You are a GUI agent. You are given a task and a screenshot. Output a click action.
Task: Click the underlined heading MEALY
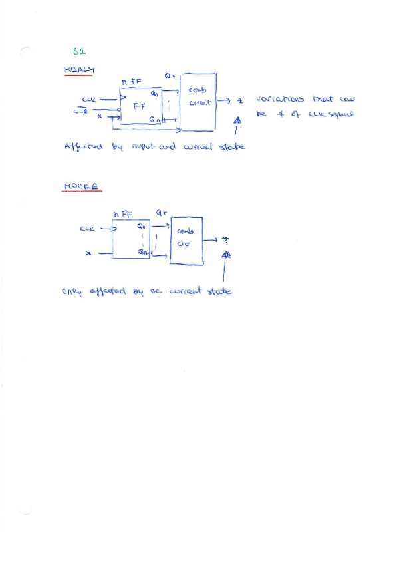click(x=79, y=70)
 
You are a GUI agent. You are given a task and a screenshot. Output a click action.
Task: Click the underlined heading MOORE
click(x=80, y=188)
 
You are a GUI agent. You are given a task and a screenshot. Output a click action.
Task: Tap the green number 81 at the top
click(x=79, y=51)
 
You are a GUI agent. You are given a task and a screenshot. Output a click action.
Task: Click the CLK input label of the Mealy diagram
click(x=88, y=100)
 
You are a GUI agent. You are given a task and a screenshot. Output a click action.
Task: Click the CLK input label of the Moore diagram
click(x=88, y=228)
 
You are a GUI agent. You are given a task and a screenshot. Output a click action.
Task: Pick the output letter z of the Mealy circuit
click(x=241, y=101)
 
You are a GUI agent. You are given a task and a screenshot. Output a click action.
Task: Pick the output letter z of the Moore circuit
click(x=225, y=239)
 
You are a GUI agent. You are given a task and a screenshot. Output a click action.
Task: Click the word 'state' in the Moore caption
click(x=219, y=291)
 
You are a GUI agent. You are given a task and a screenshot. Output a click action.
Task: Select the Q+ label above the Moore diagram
click(x=162, y=213)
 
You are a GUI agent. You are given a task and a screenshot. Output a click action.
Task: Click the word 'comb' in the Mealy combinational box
click(x=198, y=90)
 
